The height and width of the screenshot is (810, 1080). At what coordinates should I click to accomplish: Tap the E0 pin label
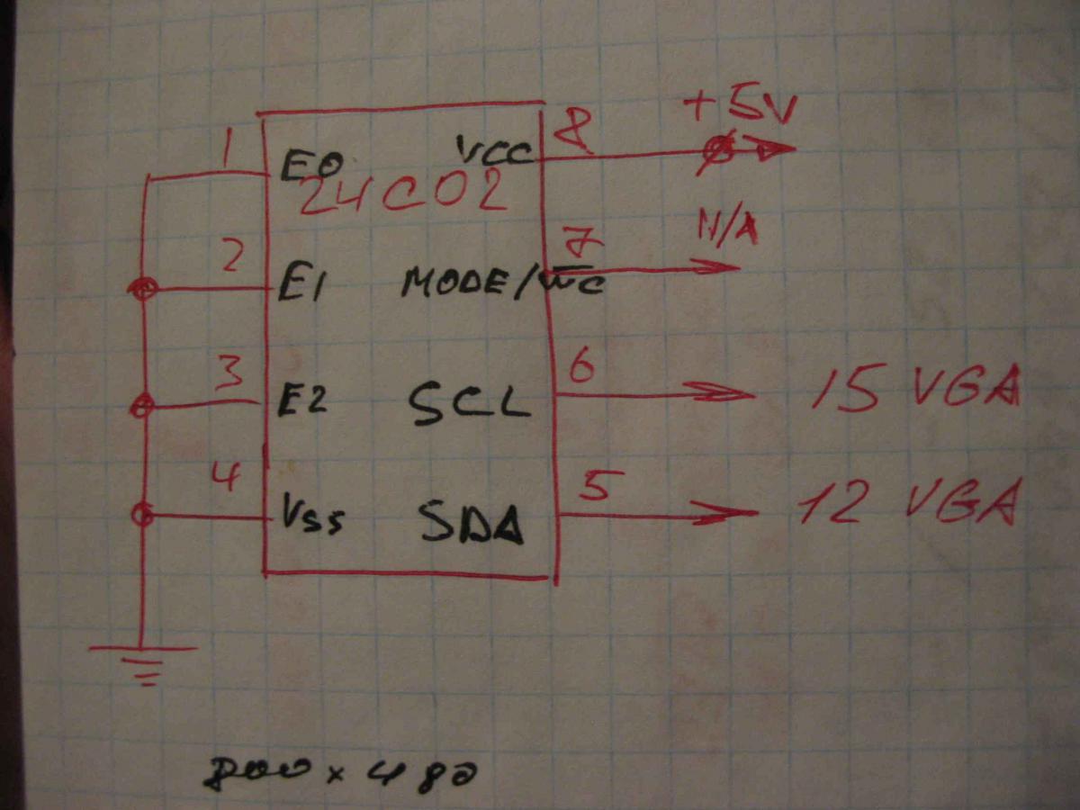point(310,167)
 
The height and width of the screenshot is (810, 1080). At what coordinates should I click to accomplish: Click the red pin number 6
point(580,367)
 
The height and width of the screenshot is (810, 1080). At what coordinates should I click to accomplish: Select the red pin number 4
point(228,475)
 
